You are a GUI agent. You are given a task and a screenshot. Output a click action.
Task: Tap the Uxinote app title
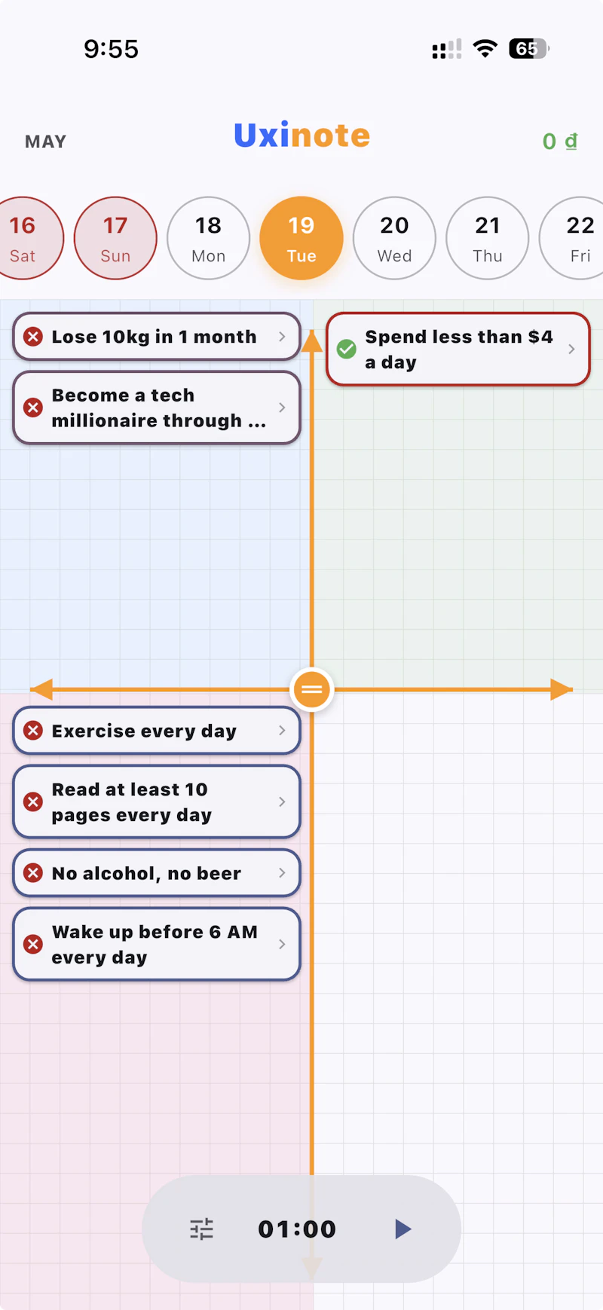tap(301, 136)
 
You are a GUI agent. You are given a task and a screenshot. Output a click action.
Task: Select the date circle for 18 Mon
tap(208, 238)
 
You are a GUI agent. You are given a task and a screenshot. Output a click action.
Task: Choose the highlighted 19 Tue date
tap(301, 238)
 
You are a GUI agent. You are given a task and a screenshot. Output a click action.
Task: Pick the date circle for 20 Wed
tap(394, 238)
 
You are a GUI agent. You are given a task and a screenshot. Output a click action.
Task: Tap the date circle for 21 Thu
tap(488, 238)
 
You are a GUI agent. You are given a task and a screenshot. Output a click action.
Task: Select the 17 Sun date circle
tap(115, 238)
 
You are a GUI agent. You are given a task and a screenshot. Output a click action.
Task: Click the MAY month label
tap(46, 142)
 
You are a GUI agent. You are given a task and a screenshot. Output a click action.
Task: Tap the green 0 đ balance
tap(560, 141)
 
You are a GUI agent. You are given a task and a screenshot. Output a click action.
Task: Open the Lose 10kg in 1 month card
tap(157, 337)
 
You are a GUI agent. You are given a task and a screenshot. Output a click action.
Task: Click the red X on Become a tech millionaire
tap(33, 408)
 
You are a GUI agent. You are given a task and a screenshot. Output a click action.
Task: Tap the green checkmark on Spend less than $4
tap(347, 349)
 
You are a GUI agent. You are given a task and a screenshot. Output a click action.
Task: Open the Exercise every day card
tap(157, 731)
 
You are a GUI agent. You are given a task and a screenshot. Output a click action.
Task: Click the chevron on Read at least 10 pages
tap(282, 802)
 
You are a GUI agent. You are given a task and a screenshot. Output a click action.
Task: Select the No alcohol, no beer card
tap(157, 873)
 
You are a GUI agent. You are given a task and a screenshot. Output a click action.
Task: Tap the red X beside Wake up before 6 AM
tap(33, 944)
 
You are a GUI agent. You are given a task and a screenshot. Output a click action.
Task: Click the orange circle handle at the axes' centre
tap(312, 689)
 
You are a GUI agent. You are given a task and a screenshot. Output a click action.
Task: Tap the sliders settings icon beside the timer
tap(201, 1229)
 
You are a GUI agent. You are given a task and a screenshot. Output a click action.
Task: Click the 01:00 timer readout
tap(297, 1229)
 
